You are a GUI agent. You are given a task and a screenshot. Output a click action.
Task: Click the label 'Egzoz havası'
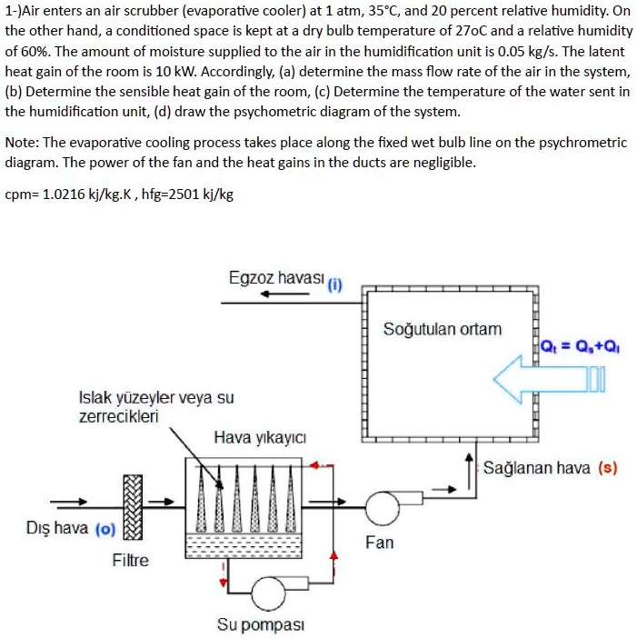(276, 277)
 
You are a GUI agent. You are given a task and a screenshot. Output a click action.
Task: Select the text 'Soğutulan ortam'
(442, 328)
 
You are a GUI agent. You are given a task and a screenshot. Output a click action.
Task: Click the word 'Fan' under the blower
(379, 543)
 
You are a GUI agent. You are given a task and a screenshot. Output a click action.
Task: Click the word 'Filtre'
(130, 561)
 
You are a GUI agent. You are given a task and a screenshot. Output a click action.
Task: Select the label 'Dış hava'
(57, 528)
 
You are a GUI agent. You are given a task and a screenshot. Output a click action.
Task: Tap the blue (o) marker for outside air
(104, 529)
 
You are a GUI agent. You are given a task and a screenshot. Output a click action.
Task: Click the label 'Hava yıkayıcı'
(252, 437)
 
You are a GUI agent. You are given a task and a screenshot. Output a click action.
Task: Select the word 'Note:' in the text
(24, 143)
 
